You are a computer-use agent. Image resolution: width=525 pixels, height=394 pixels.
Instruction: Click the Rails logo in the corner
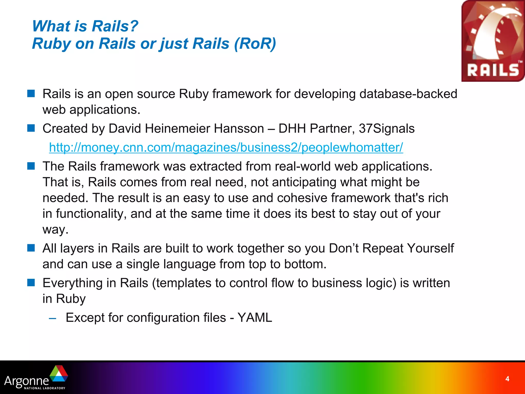(x=493, y=41)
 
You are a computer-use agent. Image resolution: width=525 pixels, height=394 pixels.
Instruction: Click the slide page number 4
(x=507, y=379)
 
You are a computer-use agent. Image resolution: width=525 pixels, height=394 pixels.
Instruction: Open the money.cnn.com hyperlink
(x=226, y=147)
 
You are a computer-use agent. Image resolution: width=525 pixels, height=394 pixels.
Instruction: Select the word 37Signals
(x=386, y=129)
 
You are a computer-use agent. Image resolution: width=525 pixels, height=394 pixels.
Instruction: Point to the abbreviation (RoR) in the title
(x=255, y=43)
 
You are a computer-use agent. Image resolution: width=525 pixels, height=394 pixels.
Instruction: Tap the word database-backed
(x=408, y=94)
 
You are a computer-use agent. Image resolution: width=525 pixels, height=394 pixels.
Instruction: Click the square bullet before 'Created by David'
(x=31, y=128)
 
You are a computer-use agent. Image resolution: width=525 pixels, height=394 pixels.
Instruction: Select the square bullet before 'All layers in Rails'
(x=31, y=248)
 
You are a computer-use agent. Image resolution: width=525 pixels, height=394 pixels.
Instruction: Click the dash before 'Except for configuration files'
(x=53, y=318)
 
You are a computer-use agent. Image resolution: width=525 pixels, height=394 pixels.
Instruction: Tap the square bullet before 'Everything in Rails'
(x=31, y=283)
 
